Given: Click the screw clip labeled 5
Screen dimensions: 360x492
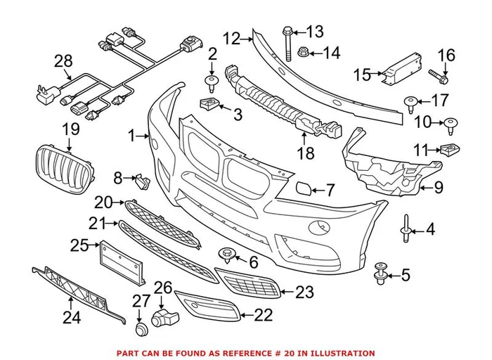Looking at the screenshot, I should point(382,272).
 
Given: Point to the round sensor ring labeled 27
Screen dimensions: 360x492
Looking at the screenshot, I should point(141,328).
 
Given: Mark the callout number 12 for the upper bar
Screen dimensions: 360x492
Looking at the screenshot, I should point(231,39).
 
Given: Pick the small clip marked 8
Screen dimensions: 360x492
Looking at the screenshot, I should point(141,182).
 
